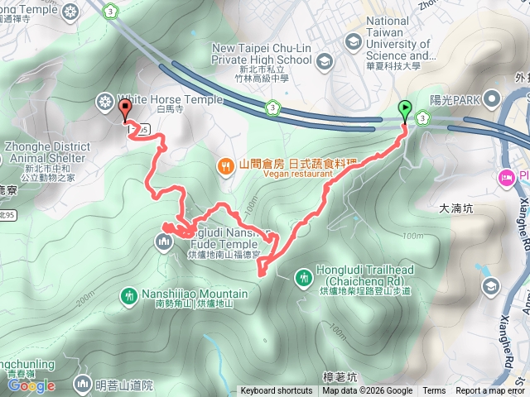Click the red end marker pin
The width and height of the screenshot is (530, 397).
[125, 110]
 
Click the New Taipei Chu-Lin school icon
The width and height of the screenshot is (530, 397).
[324, 60]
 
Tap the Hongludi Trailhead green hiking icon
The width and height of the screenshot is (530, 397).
[304, 273]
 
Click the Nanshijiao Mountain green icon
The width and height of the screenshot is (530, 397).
[128, 295]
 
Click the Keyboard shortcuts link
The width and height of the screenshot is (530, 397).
[277, 391]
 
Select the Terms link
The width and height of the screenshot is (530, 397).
[434, 391]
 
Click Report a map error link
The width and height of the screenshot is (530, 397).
[491, 391]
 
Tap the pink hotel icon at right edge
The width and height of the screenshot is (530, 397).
[504, 177]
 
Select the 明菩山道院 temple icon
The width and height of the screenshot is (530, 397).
[82, 384]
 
